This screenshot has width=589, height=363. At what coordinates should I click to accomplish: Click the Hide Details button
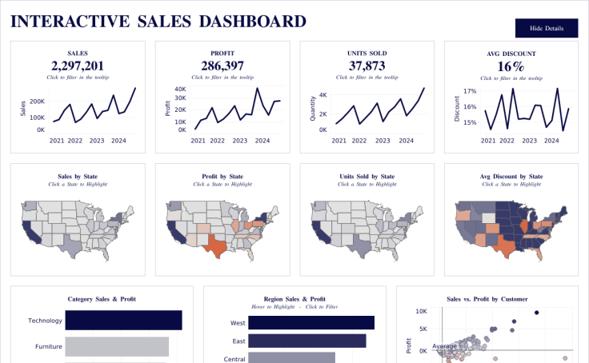[x=547, y=29]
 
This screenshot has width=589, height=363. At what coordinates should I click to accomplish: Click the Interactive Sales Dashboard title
[x=158, y=22]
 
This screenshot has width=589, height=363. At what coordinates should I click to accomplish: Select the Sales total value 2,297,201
[x=78, y=66]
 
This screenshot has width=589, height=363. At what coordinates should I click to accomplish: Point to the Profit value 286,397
[x=222, y=66]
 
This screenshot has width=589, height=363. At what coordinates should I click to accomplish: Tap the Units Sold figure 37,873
[x=367, y=66]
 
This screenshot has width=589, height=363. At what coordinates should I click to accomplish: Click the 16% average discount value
[x=511, y=66]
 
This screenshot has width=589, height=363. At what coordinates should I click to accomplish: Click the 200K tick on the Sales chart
[x=36, y=102]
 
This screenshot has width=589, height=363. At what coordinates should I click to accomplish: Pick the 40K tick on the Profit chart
[x=180, y=90]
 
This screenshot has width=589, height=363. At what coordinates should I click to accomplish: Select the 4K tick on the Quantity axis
[x=323, y=94]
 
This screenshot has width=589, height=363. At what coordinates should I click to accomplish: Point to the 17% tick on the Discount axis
[x=468, y=91]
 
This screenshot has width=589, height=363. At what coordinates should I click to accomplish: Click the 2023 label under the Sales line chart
[x=97, y=141]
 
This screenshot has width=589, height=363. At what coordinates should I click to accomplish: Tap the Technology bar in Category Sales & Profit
[x=123, y=320]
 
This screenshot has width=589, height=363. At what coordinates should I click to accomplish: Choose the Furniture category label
[x=48, y=347]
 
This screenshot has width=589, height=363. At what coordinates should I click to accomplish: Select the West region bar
[x=311, y=323]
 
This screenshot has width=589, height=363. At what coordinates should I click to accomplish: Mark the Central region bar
[x=291, y=357]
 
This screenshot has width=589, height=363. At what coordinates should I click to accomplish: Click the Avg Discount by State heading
[x=511, y=176]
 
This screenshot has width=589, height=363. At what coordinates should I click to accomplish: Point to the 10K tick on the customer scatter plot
[x=423, y=311]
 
